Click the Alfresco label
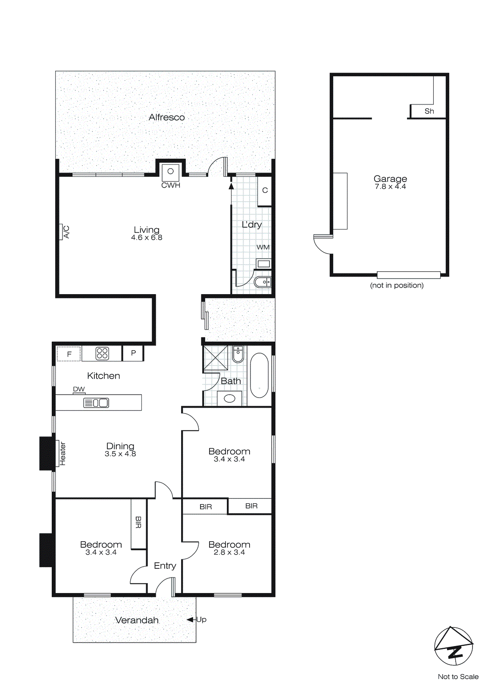click(166, 117)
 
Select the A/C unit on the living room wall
click(61, 232)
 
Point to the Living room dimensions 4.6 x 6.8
click(147, 238)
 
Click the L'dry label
click(251, 225)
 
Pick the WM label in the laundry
click(263, 247)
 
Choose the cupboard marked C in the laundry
click(265, 190)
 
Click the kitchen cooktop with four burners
click(102, 354)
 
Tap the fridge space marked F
click(69, 354)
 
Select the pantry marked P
click(133, 353)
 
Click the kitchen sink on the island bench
click(96, 403)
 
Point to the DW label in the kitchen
click(79, 389)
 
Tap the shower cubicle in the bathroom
click(215, 358)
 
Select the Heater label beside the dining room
click(63, 453)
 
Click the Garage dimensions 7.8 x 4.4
click(390, 187)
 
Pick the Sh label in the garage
click(429, 111)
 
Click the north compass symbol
click(454, 646)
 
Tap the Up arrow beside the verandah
click(190, 620)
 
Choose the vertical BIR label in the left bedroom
click(138, 522)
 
